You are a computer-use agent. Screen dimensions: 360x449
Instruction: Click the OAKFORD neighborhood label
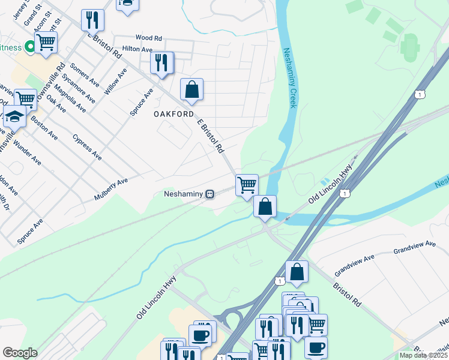(x=173, y=114)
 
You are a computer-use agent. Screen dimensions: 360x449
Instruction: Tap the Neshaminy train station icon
(x=209, y=194)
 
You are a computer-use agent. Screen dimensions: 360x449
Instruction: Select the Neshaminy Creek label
(x=290, y=78)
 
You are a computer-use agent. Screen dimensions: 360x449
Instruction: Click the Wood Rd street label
(x=149, y=38)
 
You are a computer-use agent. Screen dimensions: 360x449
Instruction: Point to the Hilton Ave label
(x=137, y=49)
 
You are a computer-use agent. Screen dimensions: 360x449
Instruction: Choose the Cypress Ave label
(x=87, y=147)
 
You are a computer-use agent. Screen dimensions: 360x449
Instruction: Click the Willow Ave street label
(x=115, y=81)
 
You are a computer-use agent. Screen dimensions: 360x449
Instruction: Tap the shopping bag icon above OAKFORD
(x=191, y=89)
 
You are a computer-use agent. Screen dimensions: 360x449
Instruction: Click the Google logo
(x=20, y=353)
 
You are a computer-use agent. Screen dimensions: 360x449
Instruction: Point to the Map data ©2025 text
(x=423, y=355)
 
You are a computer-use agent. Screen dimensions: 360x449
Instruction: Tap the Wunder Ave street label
(x=27, y=152)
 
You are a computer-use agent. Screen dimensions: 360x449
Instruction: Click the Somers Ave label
(x=85, y=74)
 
